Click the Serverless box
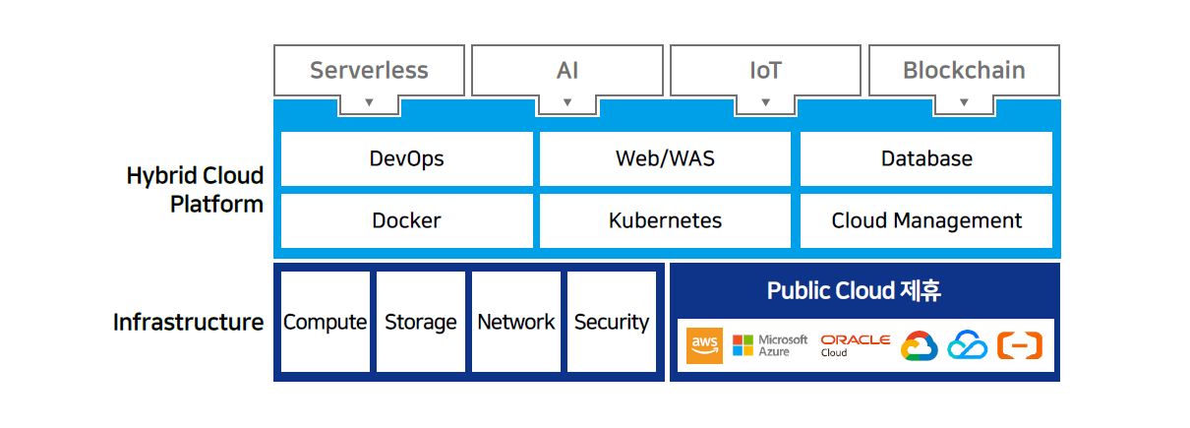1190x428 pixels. pos(369,70)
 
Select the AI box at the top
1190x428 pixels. pos(567,70)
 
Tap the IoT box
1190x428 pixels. pos(765,70)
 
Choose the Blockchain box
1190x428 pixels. pos(964,70)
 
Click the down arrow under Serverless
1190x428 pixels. pos(369,102)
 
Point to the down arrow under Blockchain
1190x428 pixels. pos(964,102)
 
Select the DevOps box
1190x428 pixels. pos(406,159)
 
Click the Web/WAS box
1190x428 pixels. pos(665,159)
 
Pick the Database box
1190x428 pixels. pos(926,159)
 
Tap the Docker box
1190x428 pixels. pos(406,220)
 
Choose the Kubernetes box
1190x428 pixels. pos(665,220)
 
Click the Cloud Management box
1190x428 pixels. pos(926,220)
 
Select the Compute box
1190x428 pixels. pos(326,322)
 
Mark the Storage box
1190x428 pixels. pos(421,322)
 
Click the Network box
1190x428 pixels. pos(516,322)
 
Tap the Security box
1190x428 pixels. pos(612,322)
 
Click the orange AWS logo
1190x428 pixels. pos(704,345)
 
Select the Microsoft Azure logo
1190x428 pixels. pos(770,345)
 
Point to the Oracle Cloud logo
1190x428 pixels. pos(856,345)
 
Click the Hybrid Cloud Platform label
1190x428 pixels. pos(195,190)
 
